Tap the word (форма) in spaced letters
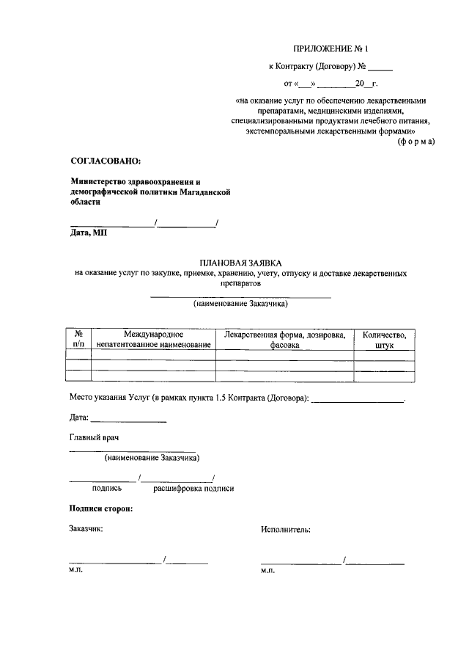416,141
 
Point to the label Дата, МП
89,233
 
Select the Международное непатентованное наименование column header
152,339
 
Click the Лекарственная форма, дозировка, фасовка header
284,339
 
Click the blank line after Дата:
129,420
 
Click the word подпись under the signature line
106,488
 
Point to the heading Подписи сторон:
101,508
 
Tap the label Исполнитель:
285,528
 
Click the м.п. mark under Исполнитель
267,571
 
